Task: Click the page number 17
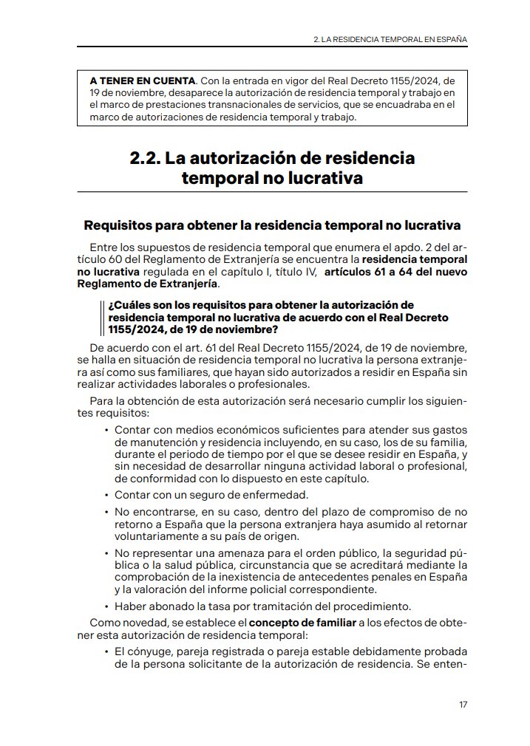[x=463, y=705]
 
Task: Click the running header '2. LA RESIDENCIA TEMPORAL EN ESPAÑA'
[x=390, y=38]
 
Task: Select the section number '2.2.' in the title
[x=145, y=158]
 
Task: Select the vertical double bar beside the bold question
[x=101, y=317]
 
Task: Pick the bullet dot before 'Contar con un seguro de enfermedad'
[x=106, y=495]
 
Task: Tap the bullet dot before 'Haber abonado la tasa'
[x=106, y=607]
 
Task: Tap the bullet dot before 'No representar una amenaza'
[x=106, y=552]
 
